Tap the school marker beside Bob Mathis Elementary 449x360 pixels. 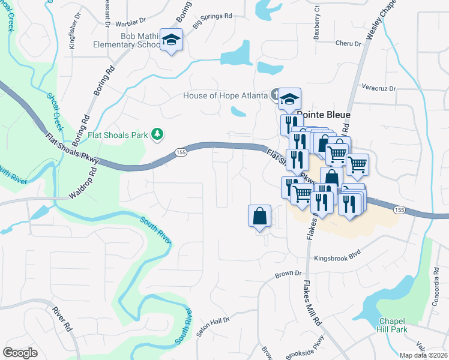pyautogui.click(x=172, y=40)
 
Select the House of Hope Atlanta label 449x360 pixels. pyautogui.click(x=225, y=95)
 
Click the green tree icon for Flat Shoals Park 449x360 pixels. pyautogui.click(x=157, y=134)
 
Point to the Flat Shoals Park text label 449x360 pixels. pyautogui.click(x=118, y=135)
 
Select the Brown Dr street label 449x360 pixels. pyautogui.click(x=288, y=274)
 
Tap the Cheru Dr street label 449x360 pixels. pyautogui.click(x=348, y=44)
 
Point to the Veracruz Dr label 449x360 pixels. pyautogui.click(x=379, y=88)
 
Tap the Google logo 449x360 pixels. pyautogui.click(x=20, y=352)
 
